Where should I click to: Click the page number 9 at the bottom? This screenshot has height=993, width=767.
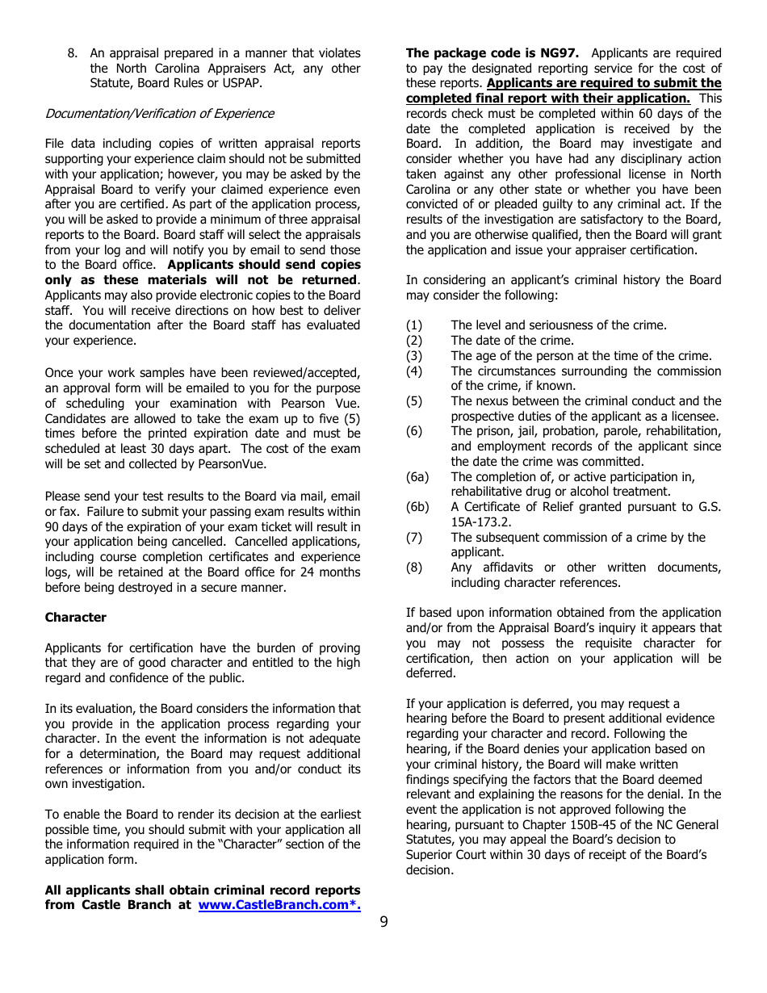click(x=383, y=921)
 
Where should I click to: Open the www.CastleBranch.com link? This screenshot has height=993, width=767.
click(x=279, y=905)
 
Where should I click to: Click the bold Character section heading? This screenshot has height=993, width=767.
click(x=75, y=618)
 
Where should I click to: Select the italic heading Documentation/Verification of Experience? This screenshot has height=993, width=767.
click(x=159, y=114)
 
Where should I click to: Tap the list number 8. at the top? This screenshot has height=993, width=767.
click(x=73, y=53)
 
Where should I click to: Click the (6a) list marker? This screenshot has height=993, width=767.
click(x=417, y=477)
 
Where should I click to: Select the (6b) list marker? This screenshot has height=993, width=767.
click(x=417, y=507)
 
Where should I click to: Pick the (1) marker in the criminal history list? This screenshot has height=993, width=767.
click(x=414, y=325)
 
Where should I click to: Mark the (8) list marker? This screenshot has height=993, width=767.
click(x=414, y=568)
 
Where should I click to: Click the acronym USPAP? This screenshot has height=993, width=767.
click(x=241, y=83)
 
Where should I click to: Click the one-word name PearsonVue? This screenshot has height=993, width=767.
click(x=235, y=464)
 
